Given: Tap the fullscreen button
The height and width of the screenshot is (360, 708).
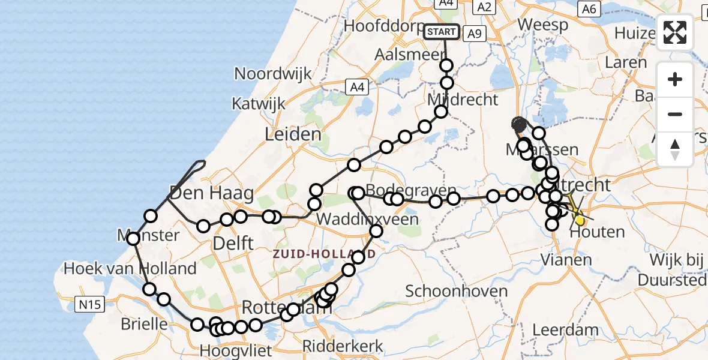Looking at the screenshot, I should click(x=675, y=32).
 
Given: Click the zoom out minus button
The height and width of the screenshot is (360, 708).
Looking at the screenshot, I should click(x=675, y=114).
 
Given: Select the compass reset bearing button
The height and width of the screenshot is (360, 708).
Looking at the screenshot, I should click(x=675, y=149).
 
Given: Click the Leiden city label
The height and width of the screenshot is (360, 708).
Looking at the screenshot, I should click(x=293, y=134).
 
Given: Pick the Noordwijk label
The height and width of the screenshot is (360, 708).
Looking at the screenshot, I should click(x=273, y=74).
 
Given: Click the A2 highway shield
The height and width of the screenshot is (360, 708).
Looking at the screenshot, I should click(x=483, y=7).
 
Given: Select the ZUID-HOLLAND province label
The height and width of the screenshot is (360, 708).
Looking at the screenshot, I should click(x=324, y=254).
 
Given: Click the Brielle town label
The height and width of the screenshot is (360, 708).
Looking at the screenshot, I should click(x=144, y=324).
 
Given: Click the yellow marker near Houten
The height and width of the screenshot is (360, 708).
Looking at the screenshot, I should click(x=580, y=220).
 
